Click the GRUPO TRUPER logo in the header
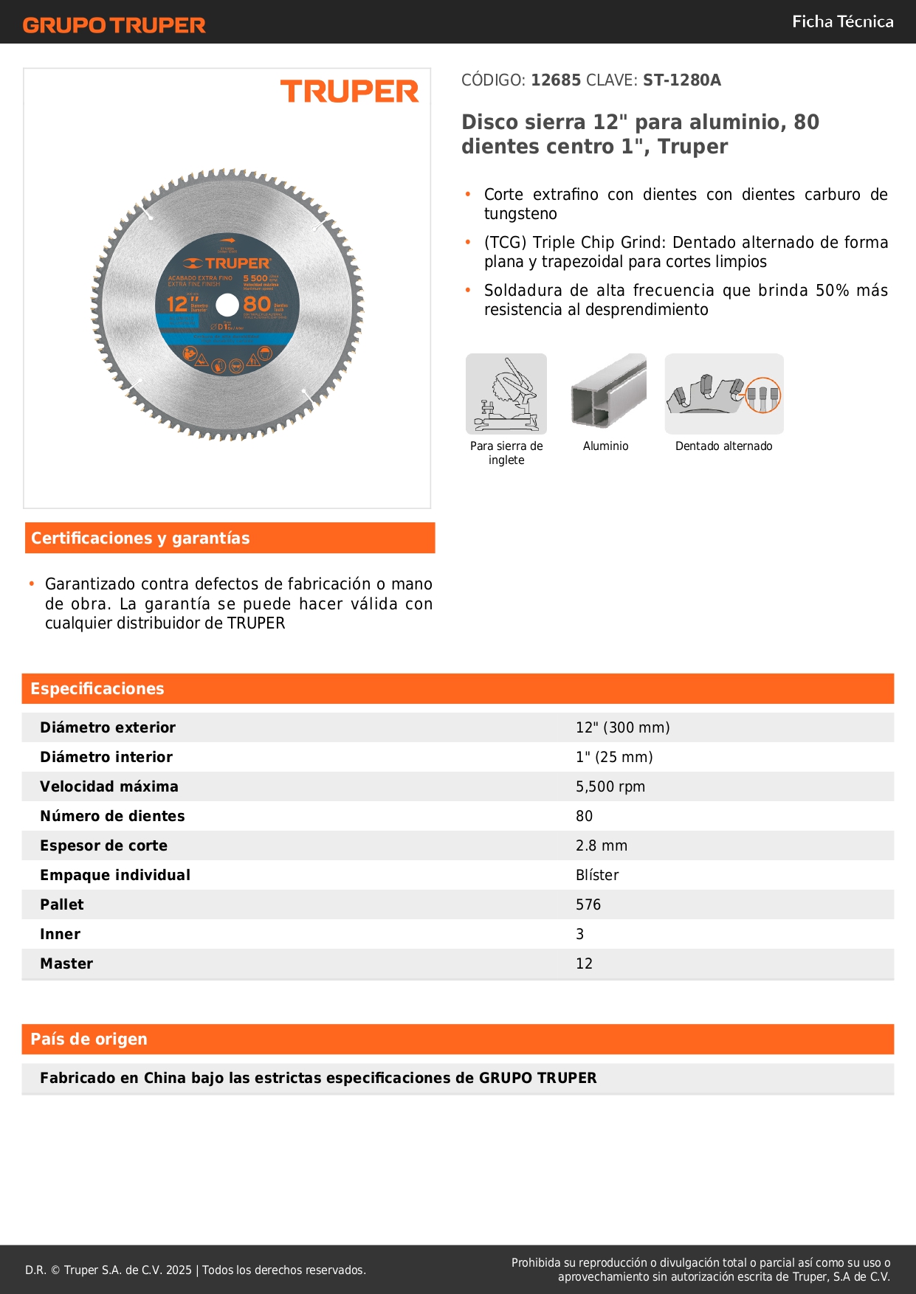pos(114,25)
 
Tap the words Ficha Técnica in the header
pos(842,21)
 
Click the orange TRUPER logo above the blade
pos(349,92)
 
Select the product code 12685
pos(556,80)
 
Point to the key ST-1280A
pos(681,80)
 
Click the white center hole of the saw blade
pos(227,305)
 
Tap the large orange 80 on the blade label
pos(257,304)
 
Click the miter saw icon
pos(506,394)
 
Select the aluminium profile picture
pos(608,392)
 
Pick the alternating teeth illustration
pos(723,394)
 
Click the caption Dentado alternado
pos(723,446)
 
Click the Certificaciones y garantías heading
pos(140,539)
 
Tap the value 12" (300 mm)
pos(622,727)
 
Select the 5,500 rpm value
pos(610,786)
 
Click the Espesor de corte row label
pos(103,845)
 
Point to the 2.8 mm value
pos(601,845)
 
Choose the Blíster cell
pos(596,875)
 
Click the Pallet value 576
pos(588,904)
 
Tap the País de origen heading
pos(89,1039)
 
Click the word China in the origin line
pos(165,1078)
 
